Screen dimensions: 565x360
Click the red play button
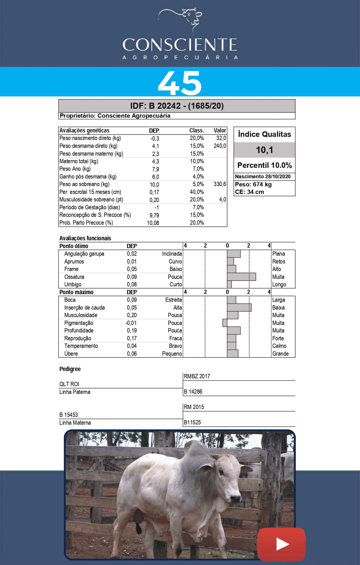pos(281,544)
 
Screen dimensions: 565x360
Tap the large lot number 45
pos(180,83)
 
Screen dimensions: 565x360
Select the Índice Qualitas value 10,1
pos(264,150)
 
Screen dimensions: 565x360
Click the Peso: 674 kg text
pos(253,184)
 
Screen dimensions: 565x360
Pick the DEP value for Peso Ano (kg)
pos(155,169)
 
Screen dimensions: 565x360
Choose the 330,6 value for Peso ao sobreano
pos(220,184)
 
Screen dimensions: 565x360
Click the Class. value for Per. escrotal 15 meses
pos(197,192)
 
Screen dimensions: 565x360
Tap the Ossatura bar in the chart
pos(241,277)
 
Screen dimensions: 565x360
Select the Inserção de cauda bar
pos(239,308)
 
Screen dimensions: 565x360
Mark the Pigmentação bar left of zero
pos(225,323)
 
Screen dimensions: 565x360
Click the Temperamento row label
pos(81,346)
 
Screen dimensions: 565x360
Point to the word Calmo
pos(279,346)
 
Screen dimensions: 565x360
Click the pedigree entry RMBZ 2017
pos(197,376)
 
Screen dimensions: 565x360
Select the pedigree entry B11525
pos(192,422)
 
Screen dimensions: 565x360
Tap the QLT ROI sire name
pos(69,384)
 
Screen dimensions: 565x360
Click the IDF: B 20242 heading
pos(177,106)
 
